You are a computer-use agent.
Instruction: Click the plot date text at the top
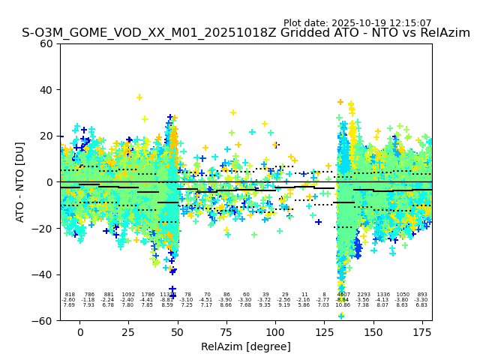[357, 23]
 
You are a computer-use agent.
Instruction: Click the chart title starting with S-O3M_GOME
[246, 33]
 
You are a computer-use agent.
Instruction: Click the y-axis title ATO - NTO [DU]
[20, 181]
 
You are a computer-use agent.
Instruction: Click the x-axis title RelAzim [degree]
[245, 346]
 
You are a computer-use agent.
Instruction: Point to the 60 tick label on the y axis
[46, 43]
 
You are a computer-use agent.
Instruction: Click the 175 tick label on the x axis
[423, 331]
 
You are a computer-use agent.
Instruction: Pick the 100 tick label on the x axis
[275, 331]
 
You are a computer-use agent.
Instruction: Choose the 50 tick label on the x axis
[178, 331]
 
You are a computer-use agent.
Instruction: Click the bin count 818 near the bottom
[70, 295]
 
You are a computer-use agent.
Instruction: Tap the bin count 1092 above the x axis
[128, 295]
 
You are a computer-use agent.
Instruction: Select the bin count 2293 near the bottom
[364, 295]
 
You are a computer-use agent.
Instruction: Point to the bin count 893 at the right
[422, 295]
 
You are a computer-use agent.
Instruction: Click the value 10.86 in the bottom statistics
[343, 305]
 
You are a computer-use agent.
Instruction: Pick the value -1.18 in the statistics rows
[88, 300]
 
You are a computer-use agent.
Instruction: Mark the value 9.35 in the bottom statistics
[265, 305]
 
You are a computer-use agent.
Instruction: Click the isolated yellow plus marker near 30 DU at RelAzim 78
[233, 112]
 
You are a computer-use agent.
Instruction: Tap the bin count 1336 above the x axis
[383, 295]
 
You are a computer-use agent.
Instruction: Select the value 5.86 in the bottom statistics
[304, 305]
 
